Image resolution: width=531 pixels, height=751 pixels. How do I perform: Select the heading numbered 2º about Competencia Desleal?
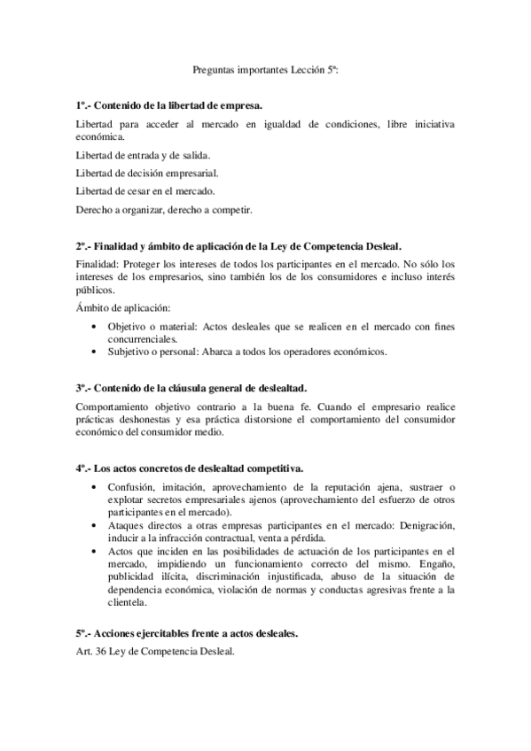239,244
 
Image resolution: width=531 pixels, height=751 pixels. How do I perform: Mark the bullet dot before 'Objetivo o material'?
96,326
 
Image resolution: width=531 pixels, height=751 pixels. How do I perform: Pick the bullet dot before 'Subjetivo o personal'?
96,351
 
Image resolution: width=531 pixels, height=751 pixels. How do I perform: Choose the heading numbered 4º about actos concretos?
190,467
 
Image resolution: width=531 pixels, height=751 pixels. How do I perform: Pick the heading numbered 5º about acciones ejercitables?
186,634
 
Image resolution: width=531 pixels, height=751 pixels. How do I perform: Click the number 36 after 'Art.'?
102,654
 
